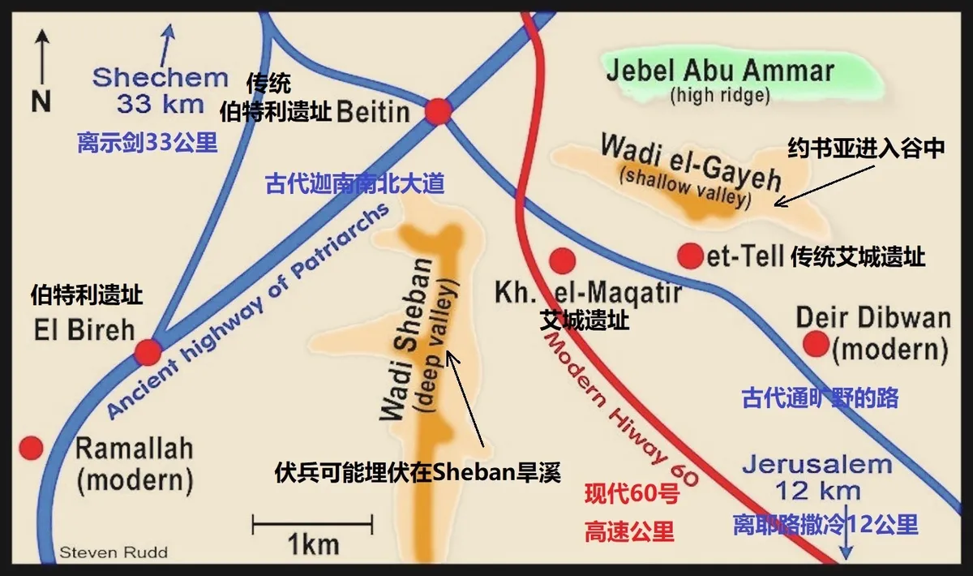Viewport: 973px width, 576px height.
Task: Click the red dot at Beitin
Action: (x=438, y=112)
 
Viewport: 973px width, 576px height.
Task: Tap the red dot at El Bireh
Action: (x=148, y=352)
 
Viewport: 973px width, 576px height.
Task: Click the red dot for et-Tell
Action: (x=689, y=256)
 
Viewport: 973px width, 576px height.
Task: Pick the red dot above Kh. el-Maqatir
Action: (x=562, y=260)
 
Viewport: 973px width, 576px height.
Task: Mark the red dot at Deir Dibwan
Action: (x=816, y=344)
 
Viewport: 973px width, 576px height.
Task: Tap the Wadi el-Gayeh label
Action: (x=689, y=164)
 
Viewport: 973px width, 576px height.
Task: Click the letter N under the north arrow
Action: (x=41, y=101)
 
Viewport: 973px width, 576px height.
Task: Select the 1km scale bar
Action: (x=313, y=525)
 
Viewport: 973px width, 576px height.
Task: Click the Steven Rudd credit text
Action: (x=114, y=553)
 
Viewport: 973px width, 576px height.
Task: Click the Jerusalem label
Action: (x=816, y=466)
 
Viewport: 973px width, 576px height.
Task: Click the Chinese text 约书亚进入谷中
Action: (x=866, y=150)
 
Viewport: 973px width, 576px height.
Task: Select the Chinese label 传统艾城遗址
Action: (x=858, y=257)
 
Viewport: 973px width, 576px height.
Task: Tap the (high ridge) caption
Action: (x=719, y=96)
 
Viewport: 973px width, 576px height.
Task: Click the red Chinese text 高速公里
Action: (x=629, y=531)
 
